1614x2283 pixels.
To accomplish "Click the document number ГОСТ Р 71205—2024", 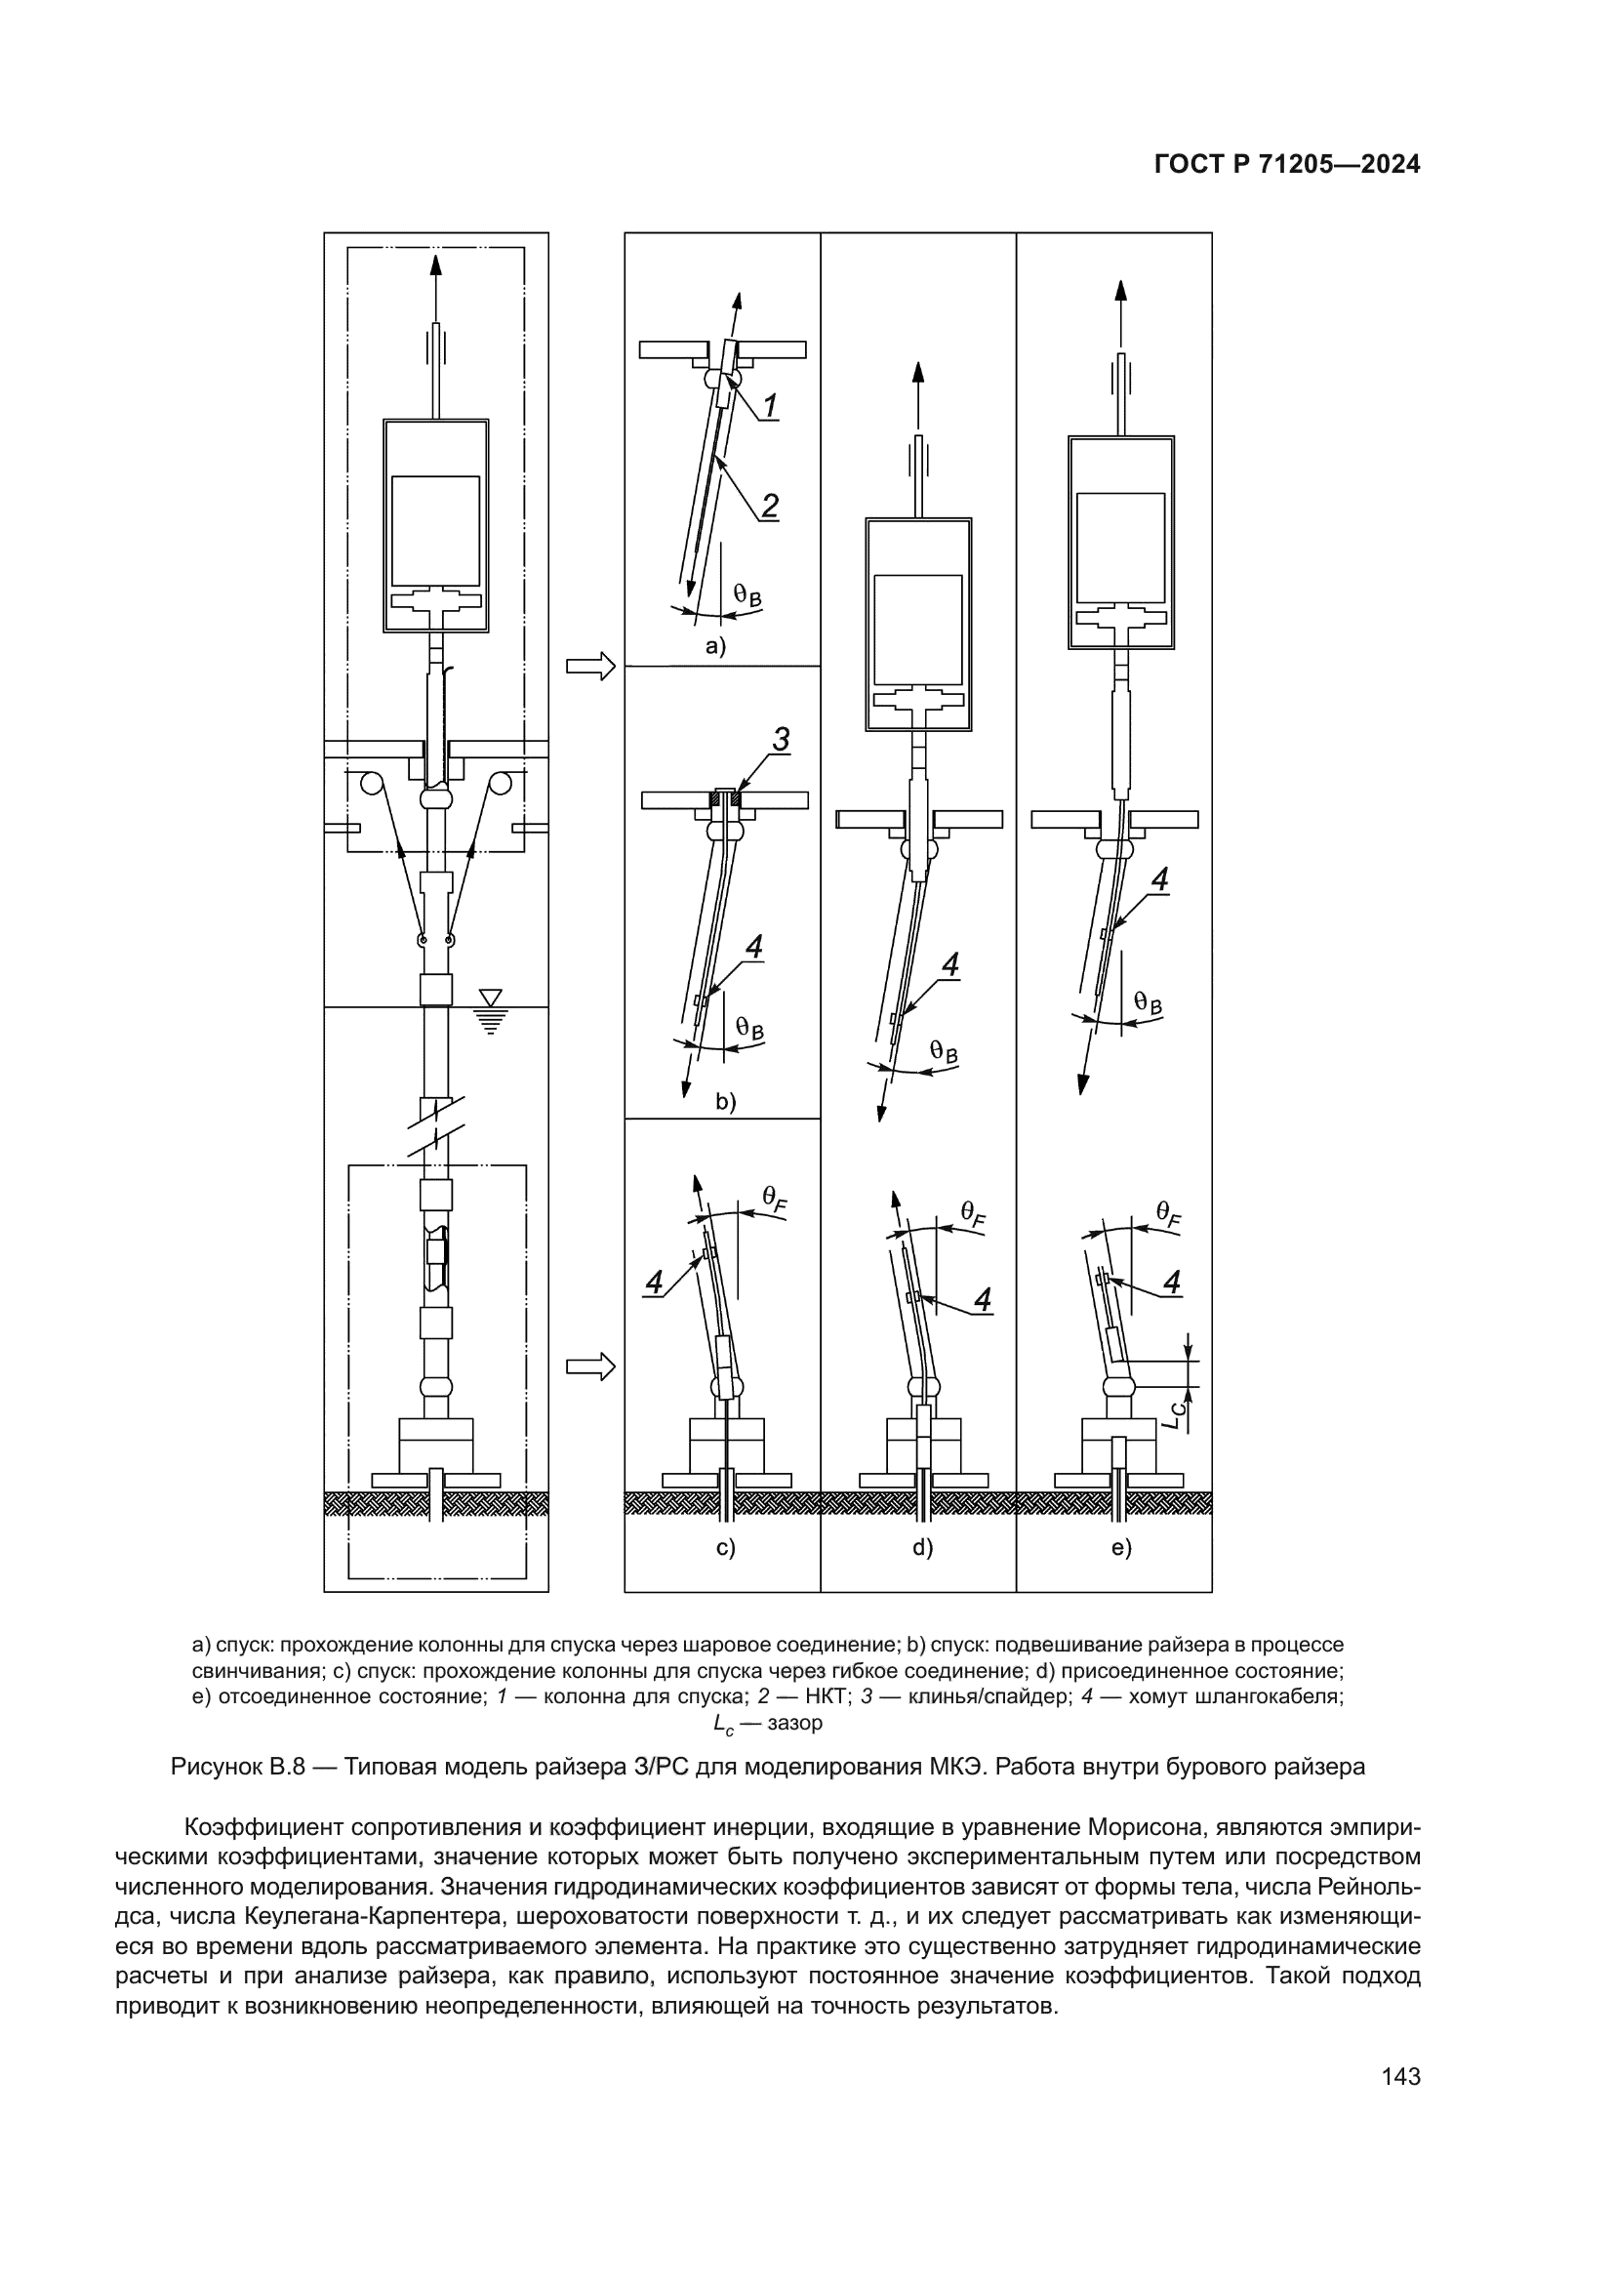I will [x=1287, y=165].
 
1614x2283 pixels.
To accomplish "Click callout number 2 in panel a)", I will [x=769, y=506].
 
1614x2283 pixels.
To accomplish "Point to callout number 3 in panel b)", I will [x=782, y=740].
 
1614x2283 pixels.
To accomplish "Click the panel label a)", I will [x=715, y=646].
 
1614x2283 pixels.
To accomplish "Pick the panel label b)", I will [x=725, y=1102].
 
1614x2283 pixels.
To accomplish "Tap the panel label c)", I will [x=725, y=1547].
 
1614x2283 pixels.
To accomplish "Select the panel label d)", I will [x=923, y=1547].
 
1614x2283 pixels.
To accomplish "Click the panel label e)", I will [x=1121, y=1547].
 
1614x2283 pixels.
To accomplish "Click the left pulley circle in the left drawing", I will [x=373, y=784].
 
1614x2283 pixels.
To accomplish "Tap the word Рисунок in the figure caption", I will [x=216, y=1767].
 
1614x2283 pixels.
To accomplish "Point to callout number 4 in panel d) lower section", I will [x=982, y=1298].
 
